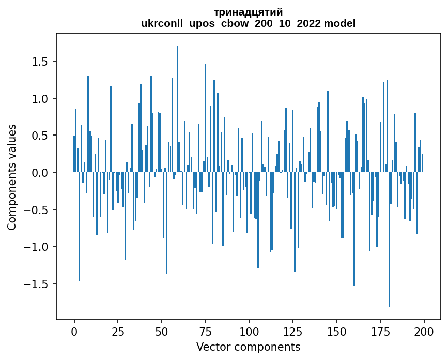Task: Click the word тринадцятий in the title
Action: point(248,12)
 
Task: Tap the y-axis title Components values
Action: point(12,177)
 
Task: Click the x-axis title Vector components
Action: point(248,347)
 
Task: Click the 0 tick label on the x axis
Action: point(74,331)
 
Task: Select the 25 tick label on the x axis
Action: point(118,331)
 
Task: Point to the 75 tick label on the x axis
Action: point(205,331)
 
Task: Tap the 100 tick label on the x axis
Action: point(249,331)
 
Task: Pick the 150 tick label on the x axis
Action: point(336,331)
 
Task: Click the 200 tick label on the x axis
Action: point(424,331)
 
